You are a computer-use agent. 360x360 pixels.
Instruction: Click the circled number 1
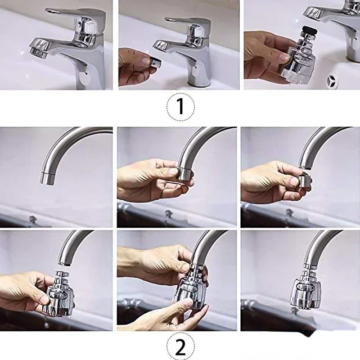(x=181, y=107)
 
